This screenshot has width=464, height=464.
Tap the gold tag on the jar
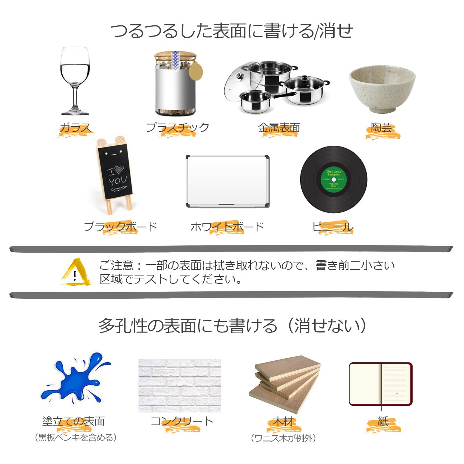point(195,71)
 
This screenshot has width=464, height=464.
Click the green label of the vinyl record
point(333,179)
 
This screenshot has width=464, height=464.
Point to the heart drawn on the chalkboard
point(119,169)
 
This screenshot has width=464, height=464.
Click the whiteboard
point(228,181)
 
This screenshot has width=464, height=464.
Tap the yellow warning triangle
point(76,272)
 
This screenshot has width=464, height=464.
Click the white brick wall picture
point(180,385)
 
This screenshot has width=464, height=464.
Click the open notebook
point(381,385)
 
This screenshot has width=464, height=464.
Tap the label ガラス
point(75,128)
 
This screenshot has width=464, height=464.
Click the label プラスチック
point(178,127)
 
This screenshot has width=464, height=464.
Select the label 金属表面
point(279,128)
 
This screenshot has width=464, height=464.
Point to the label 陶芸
point(381,128)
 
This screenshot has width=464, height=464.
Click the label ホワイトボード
point(227,227)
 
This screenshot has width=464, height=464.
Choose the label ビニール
point(332,227)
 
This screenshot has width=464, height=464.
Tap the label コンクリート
point(182,421)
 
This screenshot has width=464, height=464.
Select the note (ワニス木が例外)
point(283,438)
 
